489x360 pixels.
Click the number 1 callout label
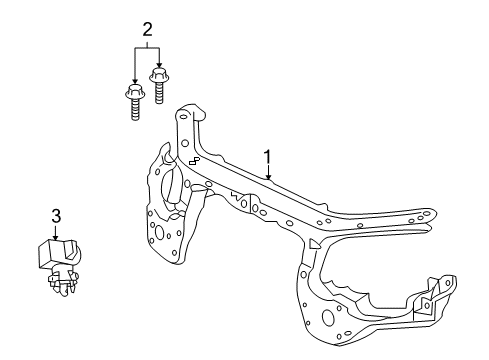(x=268, y=157)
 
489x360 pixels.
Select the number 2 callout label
(x=147, y=29)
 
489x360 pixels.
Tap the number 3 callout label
(x=56, y=215)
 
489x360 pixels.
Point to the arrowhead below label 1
(x=268, y=177)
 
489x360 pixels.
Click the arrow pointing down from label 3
(x=56, y=234)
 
